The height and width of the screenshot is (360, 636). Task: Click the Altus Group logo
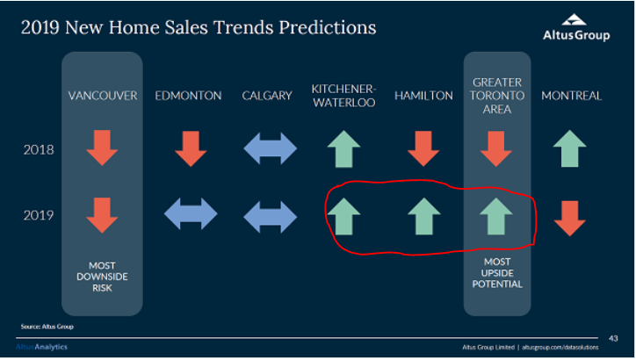click(576, 27)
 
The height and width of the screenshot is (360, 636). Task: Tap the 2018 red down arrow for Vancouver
click(102, 148)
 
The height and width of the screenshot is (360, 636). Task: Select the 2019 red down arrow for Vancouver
click(102, 215)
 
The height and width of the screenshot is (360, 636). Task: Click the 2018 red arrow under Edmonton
click(191, 148)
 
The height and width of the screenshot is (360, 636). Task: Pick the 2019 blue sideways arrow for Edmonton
click(191, 213)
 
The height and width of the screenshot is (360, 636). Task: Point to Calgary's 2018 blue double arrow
click(271, 148)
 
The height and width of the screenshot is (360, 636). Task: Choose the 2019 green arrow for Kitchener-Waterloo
click(343, 216)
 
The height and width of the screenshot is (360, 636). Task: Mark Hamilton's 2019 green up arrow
click(424, 216)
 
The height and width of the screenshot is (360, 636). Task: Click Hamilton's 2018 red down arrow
click(423, 148)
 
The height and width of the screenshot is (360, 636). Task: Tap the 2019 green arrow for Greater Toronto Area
click(496, 216)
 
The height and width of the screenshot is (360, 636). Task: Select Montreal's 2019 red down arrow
click(570, 219)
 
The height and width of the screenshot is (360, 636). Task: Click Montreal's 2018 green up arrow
click(570, 148)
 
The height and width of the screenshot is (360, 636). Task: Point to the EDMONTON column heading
click(188, 96)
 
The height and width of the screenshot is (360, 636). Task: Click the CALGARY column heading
click(267, 96)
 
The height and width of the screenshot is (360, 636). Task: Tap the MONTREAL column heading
click(572, 96)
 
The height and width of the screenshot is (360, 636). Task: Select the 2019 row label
click(39, 215)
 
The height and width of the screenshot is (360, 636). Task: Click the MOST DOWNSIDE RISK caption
click(102, 277)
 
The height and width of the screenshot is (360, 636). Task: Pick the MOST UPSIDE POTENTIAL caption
click(497, 273)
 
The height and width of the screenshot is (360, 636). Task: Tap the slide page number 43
click(613, 338)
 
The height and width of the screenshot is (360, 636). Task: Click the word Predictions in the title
click(328, 27)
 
